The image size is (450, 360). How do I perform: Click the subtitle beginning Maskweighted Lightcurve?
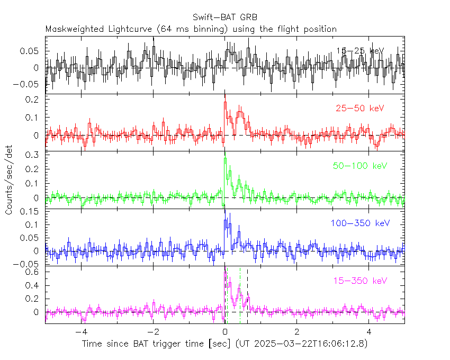pyautogui.click(x=191, y=29)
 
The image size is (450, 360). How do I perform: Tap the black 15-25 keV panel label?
pyautogui.click(x=360, y=51)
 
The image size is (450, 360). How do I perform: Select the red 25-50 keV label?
pyautogui.click(x=359, y=109)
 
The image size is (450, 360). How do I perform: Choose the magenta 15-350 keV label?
pyautogui.click(x=359, y=281)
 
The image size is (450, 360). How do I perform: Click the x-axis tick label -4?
pyautogui.click(x=81, y=332)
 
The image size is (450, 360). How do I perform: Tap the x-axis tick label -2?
pyautogui.click(x=153, y=332)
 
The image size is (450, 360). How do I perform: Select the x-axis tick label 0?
pyautogui.click(x=225, y=332)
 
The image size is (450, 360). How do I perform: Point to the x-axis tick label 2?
pyautogui.click(x=297, y=332)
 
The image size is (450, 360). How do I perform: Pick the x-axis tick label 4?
pyautogui.click(x=369, y=332)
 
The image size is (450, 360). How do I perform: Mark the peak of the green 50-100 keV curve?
pyautogui.click(x=226, y=158)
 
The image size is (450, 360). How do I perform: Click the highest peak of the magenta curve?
pyautogui.click(x=226, y=273)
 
